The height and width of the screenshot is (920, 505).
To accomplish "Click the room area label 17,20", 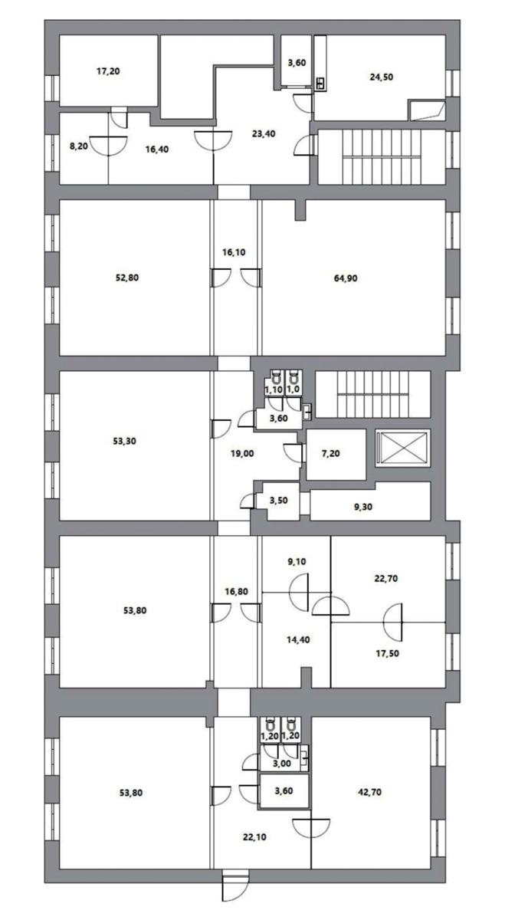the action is (x=108, y=71).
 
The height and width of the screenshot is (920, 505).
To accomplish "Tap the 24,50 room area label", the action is (x=382, y=77).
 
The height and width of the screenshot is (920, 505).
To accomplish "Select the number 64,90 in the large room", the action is (x=346, y=278).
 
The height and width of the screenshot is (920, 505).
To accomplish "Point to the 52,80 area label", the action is (x=127, y=278).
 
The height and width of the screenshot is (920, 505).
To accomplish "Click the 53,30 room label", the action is (x=124, y=442).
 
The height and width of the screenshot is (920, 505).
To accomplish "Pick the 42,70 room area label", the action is (x=369, y=792).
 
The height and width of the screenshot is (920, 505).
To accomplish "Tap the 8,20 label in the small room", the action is (x=78, y=146).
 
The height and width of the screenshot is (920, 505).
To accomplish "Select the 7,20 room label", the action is (x=331, y=454).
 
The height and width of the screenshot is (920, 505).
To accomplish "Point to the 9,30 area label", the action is (x=363, y=508).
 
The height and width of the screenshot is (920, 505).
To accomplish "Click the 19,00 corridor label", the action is (x=242, y=454).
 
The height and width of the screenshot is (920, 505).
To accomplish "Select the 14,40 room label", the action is (x=298, y=640).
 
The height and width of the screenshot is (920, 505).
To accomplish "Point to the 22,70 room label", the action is (x=386, y=579).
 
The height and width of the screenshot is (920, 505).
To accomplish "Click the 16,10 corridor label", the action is (x=234, y=252).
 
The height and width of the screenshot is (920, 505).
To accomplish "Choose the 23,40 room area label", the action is (x=264, y=134).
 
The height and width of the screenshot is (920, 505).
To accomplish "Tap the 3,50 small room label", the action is (x=278, y=501).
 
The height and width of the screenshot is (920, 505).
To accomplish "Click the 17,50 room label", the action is (x=387, y=653).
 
